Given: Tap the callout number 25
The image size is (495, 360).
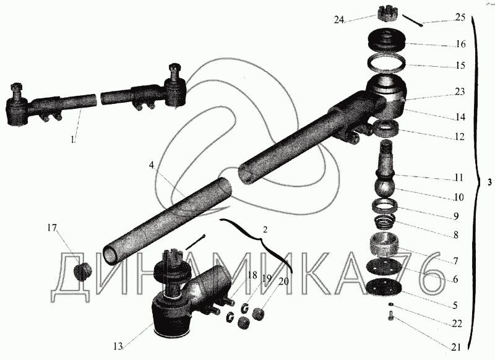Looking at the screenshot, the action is pyautogui.click(x=460, y=17).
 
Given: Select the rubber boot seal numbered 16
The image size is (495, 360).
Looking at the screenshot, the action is pyautogui.click(x=386, y=39).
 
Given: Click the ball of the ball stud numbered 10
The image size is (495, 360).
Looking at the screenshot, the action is pyautogui.click(x=385, y=187).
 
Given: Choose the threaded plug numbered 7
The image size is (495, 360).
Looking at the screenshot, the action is pyautogui.click(x=384, y=244).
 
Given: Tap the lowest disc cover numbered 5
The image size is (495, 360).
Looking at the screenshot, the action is pyautogui.click(x=384, y=288).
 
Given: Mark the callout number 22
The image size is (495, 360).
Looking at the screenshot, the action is pyautogui.click(x=457, y=324).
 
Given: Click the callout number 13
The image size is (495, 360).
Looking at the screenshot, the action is pyautogui.click(x=118, y=346).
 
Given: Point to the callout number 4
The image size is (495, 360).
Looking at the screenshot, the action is pyautogui.click(x=152, y=165).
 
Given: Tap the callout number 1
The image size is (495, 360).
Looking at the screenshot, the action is pyautogui.click(x=73, y=139).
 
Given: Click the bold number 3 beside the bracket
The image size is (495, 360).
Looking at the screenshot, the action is pyautogui.click(x=489, y=182).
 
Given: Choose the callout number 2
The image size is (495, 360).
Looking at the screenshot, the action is pyautogui.click(x=265, y=229).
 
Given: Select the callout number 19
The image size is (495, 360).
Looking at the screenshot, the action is pyautogui.click(x=267, y=278).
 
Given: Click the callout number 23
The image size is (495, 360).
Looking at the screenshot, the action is pyautogui.click(x=460, y=92).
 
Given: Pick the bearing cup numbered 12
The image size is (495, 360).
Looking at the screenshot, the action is pyautogui.click(x=385, y=128).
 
